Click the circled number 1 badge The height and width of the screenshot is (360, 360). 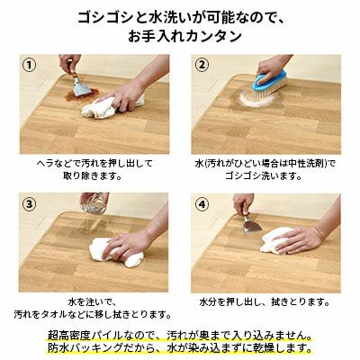31,64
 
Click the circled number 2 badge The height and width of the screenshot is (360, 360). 202,64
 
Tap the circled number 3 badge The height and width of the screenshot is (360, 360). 30,204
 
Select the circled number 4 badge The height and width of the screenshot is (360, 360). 202,204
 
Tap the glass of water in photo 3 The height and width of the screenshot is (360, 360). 93,204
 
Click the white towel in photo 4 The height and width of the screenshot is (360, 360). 277,241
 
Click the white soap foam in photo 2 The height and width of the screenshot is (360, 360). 255,99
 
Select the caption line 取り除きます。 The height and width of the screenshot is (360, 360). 93,176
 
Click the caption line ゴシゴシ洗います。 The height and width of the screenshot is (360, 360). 264,176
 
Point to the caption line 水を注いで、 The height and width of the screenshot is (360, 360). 93,302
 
